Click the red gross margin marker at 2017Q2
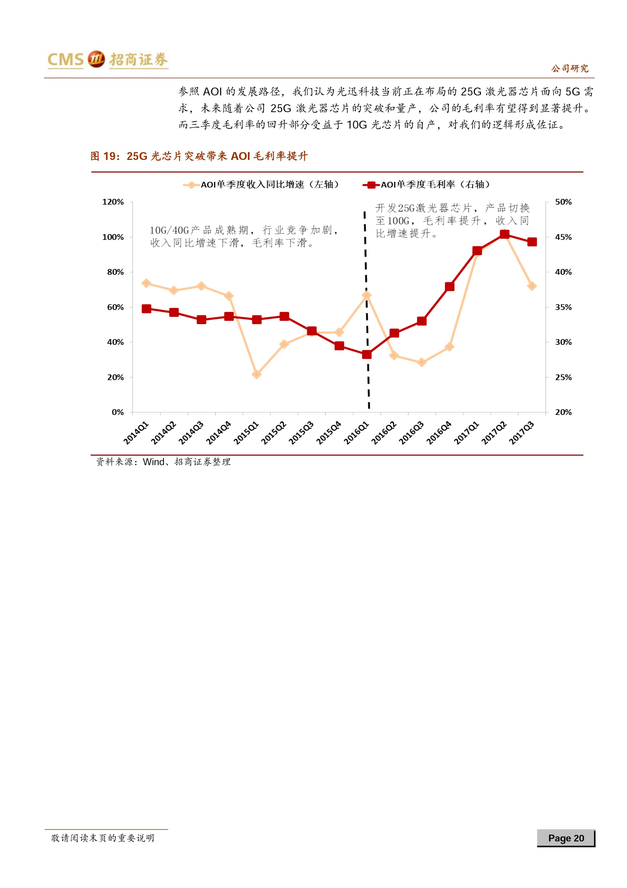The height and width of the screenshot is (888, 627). pyautogui.click(x=504, y=234)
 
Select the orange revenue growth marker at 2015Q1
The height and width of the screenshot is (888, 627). pyautogui.click(x=257, y=374)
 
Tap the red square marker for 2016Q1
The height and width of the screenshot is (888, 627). pyautogui.click(x=367, y=354)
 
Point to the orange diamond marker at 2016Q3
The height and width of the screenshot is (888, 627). pyautogui.click(x=422, y=362)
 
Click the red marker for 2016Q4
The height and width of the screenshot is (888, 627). pyautogui.click(x=449, y=286)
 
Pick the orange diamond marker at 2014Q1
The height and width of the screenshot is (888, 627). pyautogui.click(x=146, y=283)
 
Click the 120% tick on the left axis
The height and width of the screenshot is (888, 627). pyautogui.click(x=113, y=202)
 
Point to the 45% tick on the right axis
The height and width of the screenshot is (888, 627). pyautogui.click(x=563, y=237)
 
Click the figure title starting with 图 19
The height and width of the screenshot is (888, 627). pyautogui.click(x=199, y=156)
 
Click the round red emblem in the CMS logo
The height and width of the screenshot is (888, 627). pyautogui.click(x=96, y=59)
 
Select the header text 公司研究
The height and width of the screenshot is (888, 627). pyautogui.click(x=569, y=69)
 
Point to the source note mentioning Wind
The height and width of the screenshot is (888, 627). pyautogui.click(x=164, y=462)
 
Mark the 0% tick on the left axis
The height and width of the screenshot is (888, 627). pyautogui.click(x=118, y=412)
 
